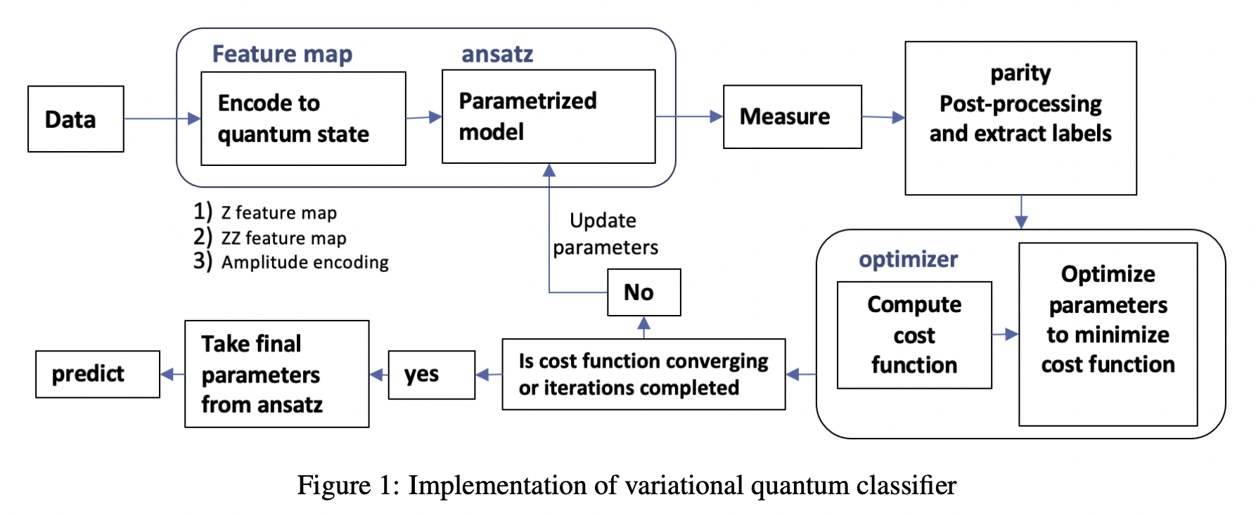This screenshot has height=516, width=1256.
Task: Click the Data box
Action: pos(75,119)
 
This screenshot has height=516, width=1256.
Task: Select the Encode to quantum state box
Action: pos(303,118)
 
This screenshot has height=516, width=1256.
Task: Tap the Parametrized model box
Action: pos(548,117)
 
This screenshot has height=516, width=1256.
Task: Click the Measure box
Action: pos(792,117)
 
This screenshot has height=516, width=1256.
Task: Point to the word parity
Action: pos(1020,73)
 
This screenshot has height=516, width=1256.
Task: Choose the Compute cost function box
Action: pos(914,335)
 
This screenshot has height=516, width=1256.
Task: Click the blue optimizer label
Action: pos(908,259)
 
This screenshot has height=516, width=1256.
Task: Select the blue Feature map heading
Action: pos(282,54)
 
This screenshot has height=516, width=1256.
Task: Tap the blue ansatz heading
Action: pos(497,54)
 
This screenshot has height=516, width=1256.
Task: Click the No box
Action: pos(643,292)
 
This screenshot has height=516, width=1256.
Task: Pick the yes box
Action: pos(431,375)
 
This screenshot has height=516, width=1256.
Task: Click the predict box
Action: pos(97,374)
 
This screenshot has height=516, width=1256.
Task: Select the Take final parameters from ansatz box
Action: pos(276,374)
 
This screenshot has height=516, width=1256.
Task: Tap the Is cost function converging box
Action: pos(643,374)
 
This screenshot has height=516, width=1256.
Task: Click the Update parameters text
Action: pos(604,234)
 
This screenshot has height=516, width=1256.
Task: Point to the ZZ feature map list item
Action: pos(283,238)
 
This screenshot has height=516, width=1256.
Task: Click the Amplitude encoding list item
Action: pos(304,262)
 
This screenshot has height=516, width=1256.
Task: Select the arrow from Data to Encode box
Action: pos(162,119)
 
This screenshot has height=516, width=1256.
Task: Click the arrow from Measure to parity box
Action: pos(883,117)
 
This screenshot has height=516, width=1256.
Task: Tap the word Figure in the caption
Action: pos(333,486)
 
